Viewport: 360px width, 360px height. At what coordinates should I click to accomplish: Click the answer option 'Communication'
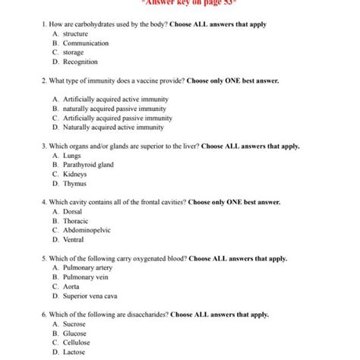tap(85, 43)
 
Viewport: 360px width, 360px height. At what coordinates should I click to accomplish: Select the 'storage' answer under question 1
tap(74, 52)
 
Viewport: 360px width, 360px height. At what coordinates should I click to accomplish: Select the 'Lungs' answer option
tap(72, 155)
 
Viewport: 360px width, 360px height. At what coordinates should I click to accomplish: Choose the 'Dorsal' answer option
tap(73, 211)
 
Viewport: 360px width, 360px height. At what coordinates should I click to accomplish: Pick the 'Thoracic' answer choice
tap(76, 220)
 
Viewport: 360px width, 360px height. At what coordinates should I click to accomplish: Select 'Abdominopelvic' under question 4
tap(87, 229)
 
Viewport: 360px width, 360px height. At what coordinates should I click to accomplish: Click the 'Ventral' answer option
tap(74, 239)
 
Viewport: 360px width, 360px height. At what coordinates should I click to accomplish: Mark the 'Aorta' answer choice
tap(72, 286)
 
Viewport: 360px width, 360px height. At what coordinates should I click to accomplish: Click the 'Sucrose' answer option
tap(74, 324)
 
